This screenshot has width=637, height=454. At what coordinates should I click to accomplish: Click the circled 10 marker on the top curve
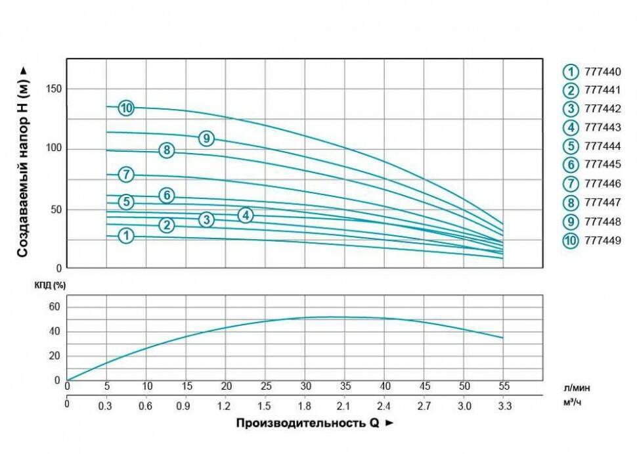126,108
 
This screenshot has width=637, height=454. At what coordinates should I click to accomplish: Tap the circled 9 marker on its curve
206,138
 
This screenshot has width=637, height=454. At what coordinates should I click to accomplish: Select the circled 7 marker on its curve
126,175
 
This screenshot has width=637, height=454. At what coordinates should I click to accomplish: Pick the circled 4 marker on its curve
246,215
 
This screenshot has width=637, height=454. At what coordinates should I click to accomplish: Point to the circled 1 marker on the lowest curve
126,236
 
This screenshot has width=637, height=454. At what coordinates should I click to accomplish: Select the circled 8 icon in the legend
571,203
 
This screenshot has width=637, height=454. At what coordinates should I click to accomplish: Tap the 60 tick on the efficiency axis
55,307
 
